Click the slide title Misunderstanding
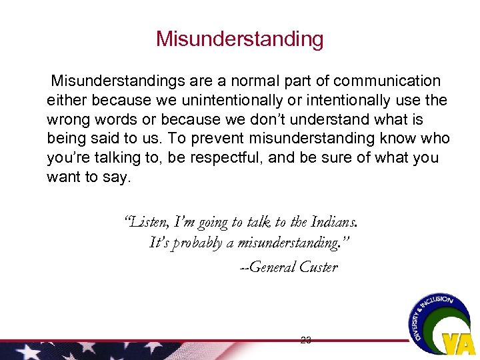239,39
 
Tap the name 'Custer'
319,267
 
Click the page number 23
306,339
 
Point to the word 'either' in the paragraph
66,101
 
